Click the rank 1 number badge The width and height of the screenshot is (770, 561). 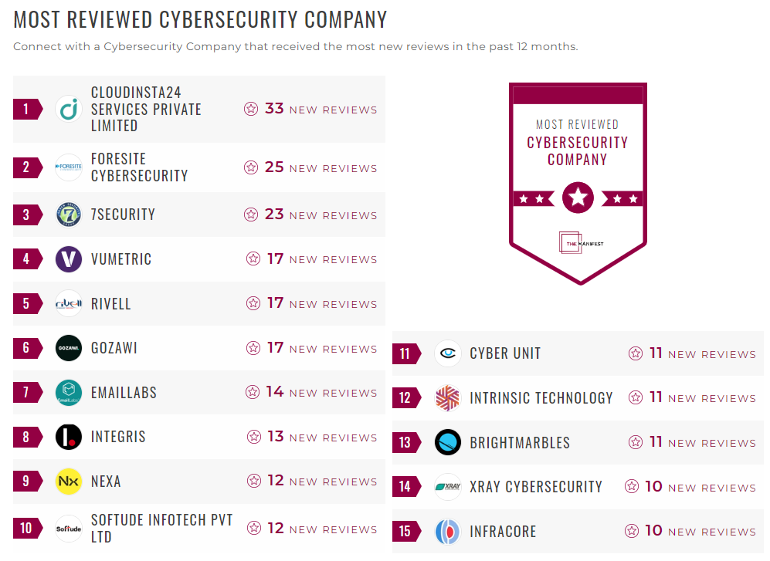click(x=26, y=109)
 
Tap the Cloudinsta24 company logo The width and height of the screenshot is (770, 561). click(x=69, y=109)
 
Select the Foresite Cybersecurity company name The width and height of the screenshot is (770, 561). click(x=139, y=167)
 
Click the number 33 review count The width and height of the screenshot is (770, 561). click(x=274, y=109)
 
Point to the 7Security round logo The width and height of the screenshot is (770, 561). click(x=69, y=215)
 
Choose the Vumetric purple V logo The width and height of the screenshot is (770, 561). click(x=69, y=259)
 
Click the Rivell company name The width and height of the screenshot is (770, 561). click(x=111, y=304)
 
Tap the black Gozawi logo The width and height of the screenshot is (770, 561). click(x=69, y=348)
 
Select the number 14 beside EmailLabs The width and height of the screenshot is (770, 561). click(x=275, y=392)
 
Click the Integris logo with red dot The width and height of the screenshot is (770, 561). click(x=69, y=438)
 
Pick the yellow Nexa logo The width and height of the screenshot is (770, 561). click(x=69, y=482)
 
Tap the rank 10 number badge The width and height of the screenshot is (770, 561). click(x=26, y=529)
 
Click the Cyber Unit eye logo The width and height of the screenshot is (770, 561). click(x=448, y=353)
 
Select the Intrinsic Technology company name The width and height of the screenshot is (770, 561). click(x=541, y=398)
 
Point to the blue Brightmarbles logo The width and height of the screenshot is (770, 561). click(x=448, y=443)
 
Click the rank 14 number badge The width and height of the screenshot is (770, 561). click(x=405, y=487)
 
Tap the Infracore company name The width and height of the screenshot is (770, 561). click(x=503, y=532)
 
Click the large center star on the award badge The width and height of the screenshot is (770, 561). click(x=578, y=198)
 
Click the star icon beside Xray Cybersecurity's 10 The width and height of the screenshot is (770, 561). click(x=632, y=487)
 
